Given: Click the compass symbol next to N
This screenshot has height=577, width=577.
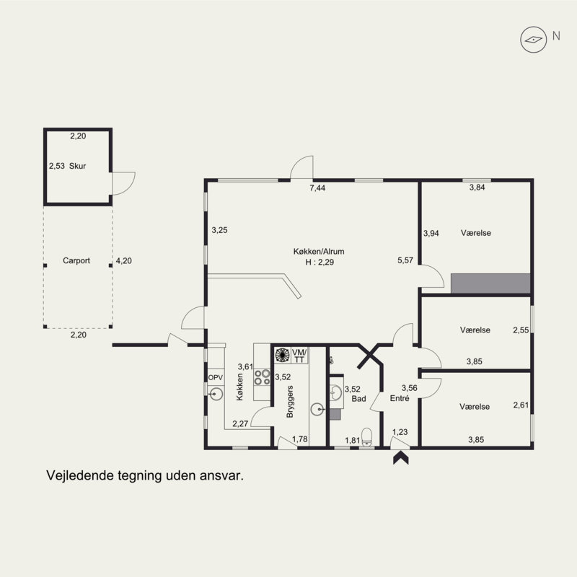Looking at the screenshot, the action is click(x=533, y=40).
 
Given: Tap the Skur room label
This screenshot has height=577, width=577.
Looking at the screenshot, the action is click(x=78, y=166).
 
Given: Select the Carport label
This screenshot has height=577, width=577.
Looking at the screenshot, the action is click(x=76, y=260).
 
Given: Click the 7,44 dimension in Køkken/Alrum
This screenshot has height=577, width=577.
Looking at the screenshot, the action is click(x=317, y=188).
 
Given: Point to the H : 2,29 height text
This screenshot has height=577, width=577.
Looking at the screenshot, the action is click(x=320, y=263).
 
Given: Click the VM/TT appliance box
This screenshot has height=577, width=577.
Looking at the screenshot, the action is click(x=299, y=356).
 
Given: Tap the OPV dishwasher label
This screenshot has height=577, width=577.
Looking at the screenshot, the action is click(x=216, y=377).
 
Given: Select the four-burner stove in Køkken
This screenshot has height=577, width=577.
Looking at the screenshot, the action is click(x=262, y=377).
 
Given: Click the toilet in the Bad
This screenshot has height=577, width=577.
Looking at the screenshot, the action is click(x=367, y=437).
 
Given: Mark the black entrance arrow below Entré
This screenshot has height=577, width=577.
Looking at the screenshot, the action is click(x=401, y=458).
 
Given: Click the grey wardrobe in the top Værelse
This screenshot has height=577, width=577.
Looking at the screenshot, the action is click(x=490, y=283).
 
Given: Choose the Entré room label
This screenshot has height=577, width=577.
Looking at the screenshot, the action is click(x=400, y=398).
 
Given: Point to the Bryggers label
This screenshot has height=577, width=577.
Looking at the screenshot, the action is click(x=290, y=402).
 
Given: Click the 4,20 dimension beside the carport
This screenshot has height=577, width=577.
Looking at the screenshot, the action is click(x=123, y=261).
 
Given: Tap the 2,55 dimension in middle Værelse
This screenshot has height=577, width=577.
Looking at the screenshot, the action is click(x=521, y=330).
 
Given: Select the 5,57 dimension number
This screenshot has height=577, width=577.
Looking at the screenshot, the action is click(x=405, y=260).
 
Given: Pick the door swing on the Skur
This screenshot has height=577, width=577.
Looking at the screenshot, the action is click(x=123, y=183).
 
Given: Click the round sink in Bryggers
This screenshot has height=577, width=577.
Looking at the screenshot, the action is click(x=317, y=409).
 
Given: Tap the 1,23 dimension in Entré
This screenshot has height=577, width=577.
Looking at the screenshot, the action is click(x=400, y=432).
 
